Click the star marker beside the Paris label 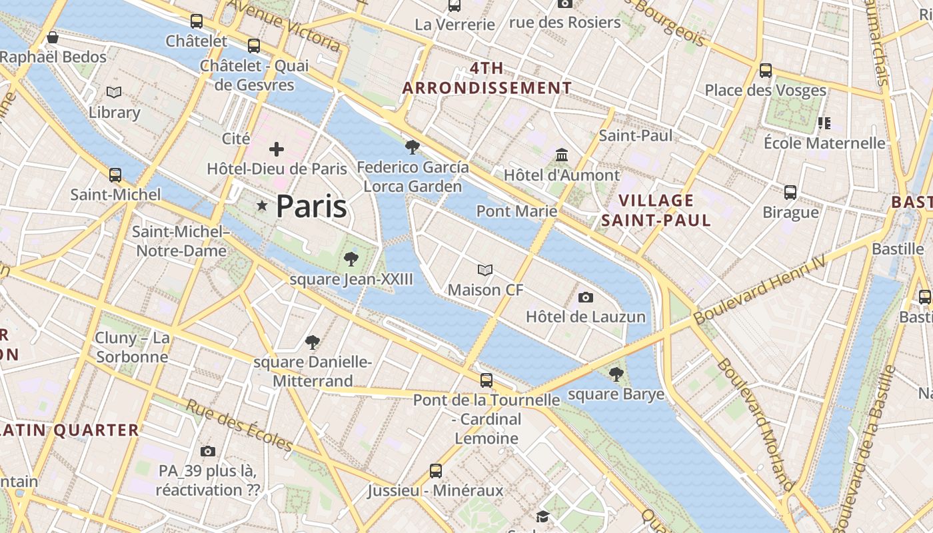coord(263,207)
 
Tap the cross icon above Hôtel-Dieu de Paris coord(277,149)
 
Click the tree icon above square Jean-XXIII coord(351,259)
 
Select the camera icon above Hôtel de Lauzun coord(586,297)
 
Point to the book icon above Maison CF coord(485,270)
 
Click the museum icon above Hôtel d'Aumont coord(562,155)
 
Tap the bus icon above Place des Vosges coord(766,70)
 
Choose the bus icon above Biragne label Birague coord(790,193)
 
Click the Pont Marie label coord(516,211)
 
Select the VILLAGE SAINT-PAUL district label coord(656,210)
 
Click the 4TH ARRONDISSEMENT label coord(487,78)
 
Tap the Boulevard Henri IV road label coord(759,291)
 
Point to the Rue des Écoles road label coord(240,425)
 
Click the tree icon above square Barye coord(616,374)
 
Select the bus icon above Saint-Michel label coord(115,175)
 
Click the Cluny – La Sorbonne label coord(133,347)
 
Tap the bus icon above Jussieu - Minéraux coord(436,471)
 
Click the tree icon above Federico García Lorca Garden coord(413,147)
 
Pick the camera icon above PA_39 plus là coord(208,451)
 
